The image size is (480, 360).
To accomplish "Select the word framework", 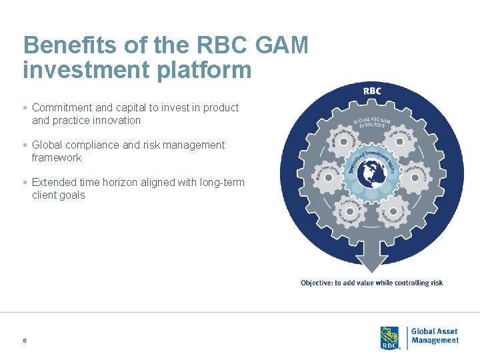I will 57,158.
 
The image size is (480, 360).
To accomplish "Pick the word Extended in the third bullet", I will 53,182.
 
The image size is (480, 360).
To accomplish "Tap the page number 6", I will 25,341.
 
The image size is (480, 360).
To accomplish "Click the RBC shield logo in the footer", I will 389,337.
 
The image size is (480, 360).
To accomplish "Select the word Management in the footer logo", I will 435,341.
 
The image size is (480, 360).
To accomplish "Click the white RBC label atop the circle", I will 372,91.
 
